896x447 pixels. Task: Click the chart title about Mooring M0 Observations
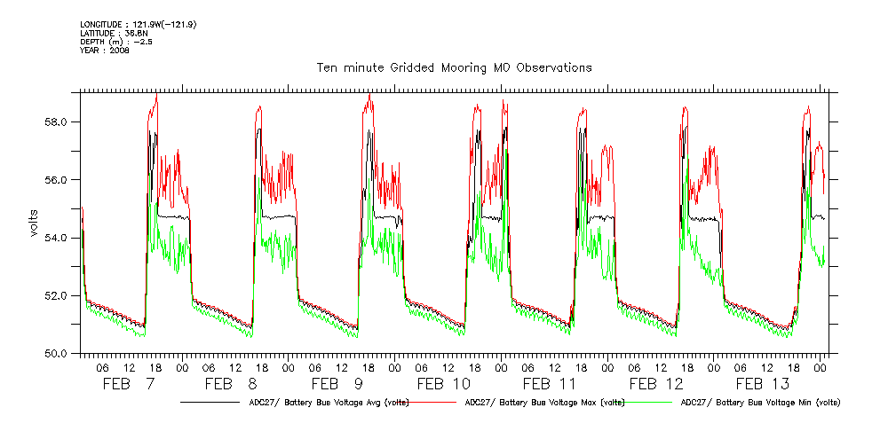click(x=454, y=67)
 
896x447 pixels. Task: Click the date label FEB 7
click(x=129, y=384)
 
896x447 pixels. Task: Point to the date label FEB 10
click(x=444, y=384)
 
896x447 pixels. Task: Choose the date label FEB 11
click(x=550, y=384)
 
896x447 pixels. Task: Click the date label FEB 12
click(x=656, y=384)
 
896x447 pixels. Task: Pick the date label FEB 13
click(x=763, y=384)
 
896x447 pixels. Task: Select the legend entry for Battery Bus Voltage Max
click(x=542, y=403)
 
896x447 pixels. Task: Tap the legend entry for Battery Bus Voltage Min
click(x=759, y=403)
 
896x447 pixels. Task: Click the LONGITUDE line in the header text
click(x=138, y=24)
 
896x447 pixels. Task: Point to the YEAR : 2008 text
click(x=105, y=51)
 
